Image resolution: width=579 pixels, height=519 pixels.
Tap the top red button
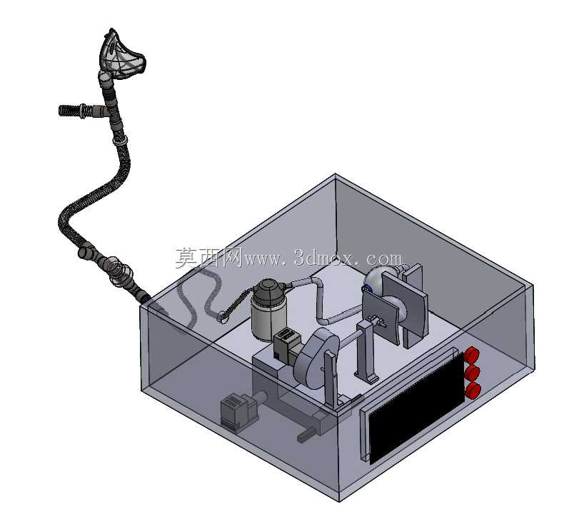pos(471,355)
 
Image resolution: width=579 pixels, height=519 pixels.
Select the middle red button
pos(473,373)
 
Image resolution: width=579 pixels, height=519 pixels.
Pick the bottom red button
pos(473,390)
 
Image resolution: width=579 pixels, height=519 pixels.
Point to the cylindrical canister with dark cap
pos(268,310)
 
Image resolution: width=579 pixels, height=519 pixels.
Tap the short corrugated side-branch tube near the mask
pos(81,111)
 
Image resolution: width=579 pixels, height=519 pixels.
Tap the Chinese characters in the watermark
pos(208,257)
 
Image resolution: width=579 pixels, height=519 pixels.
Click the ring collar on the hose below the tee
pos(120,141)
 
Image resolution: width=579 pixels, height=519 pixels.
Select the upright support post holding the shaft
pos(367,351)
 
